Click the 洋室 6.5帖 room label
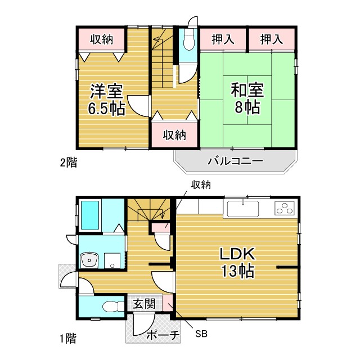[x=107, y=100]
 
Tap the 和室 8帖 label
[x=247, y=98]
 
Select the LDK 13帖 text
[x=237, y=262]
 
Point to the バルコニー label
[x=235, y=161]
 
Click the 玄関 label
[x=145, y=304]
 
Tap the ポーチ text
[x=163, y=335]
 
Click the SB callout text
[x=201, y=334]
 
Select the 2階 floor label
[x=69, y=163]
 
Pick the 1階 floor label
[x=68, y=339]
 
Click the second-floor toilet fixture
[x=189, y=39]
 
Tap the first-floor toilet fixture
[x=114, y=307]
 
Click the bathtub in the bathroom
[x=90, y=215]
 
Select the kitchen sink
[x=243, y=209]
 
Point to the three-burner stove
[x=285, y=208]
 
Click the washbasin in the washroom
[x=89, y=260]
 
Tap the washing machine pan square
[x=112, y=260]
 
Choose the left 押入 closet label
[x=223, y=39]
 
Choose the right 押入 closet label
[x=271, y=39]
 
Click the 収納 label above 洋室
[x=101, y=39]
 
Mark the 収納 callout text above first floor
[x=201, y=184]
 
